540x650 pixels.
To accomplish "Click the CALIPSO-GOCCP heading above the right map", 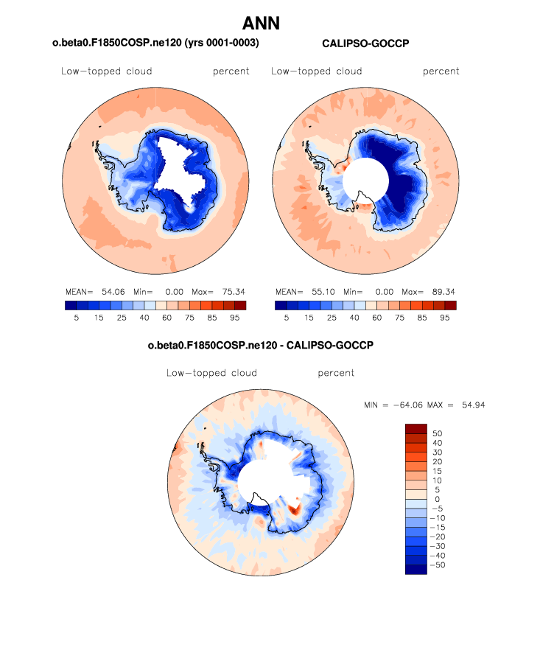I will coord(365,44).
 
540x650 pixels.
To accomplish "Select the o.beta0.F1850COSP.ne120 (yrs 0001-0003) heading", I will coord(155,44).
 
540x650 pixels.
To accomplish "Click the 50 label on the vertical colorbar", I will coord(437,433).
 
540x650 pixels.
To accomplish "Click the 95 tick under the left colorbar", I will coord(235,317).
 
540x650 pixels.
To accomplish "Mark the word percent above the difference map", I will coord(336,373).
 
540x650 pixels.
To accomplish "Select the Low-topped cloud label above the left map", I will coord(107,71).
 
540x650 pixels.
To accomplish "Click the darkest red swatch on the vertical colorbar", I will coord(416,428).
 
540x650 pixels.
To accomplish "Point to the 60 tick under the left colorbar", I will coord(167,317).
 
